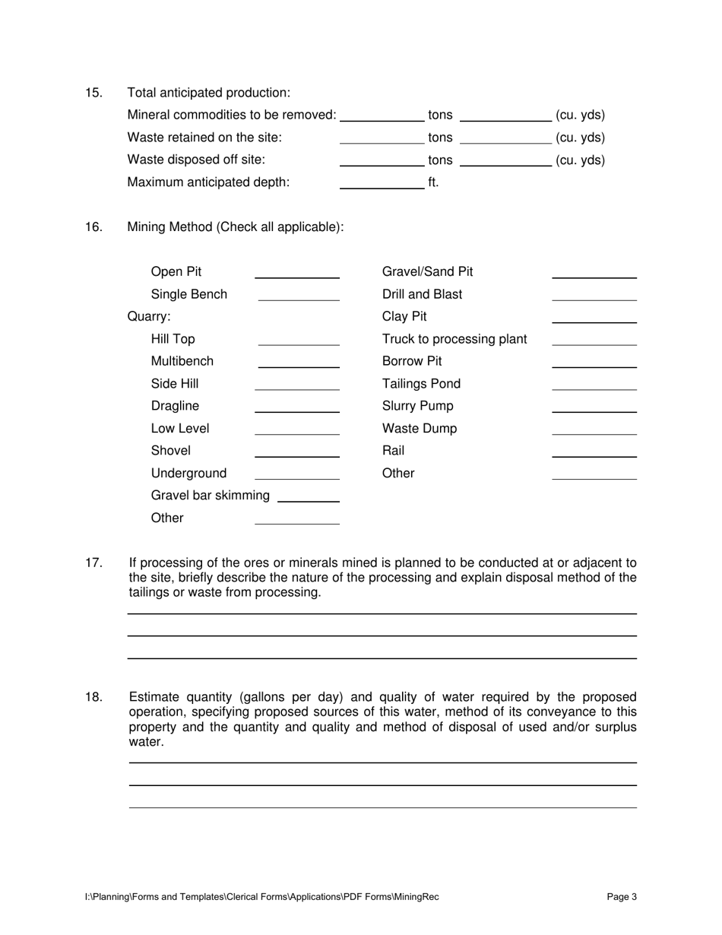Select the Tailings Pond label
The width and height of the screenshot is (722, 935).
421,384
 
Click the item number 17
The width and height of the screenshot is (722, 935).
93,563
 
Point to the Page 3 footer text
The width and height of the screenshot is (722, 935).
622,897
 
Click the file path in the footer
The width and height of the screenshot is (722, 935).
261,897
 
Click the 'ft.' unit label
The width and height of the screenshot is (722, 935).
433,182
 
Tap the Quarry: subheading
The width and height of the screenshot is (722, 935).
149,316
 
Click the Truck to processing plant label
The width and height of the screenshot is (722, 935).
454,339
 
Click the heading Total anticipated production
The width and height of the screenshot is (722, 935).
208,93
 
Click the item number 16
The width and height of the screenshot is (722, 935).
93,227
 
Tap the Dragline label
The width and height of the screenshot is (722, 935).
175,407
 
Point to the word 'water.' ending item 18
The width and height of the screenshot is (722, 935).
146,742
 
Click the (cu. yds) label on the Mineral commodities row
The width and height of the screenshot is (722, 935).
580,116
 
